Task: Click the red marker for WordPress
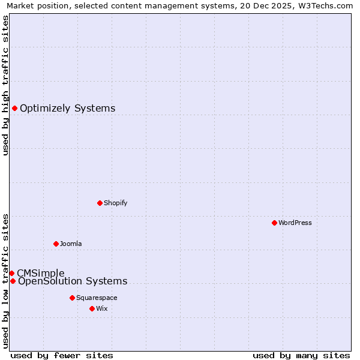(x=274, y=223)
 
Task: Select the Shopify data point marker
(x=100, y=203)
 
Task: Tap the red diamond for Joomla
(x=56, y=244)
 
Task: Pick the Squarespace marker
(x=72, y=298)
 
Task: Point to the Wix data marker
(x=92, y=308)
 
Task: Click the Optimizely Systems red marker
(x=14, y=108)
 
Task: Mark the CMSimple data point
(x=11, y=273)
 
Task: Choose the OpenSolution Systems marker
(x=13, y=281)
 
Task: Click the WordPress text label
(x=295, y=223)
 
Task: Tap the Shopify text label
(x=116, y=203)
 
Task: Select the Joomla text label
(x=71, y=244)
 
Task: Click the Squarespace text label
(x=97, y=298)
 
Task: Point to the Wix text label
(x=102, y=308)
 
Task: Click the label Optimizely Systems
(x=68, y=109)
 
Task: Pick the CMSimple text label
(x=40, y=273)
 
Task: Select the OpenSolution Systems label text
(x=73, y=281)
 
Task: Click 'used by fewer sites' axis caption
(x=62, y=355)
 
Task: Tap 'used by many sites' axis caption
(x=301, y=355)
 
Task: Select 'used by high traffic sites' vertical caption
(x=5, y=85)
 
